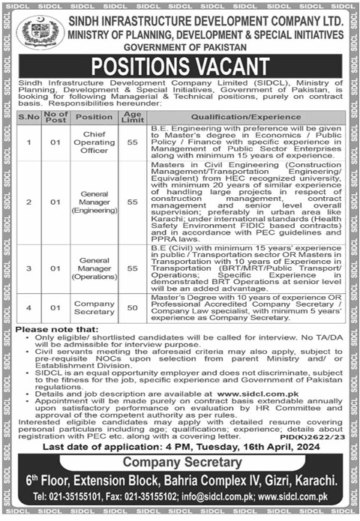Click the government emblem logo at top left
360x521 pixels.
34,32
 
